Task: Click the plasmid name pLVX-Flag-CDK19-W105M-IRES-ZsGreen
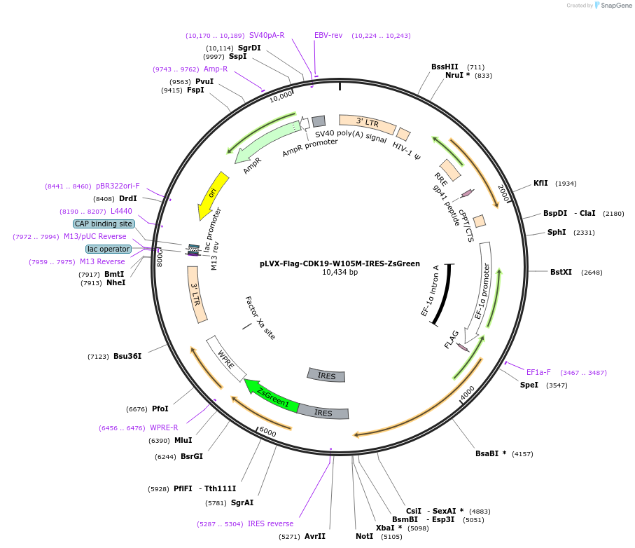click(x=340, y=264)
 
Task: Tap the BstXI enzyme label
click(x=561, y=272)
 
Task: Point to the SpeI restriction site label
click(x=529, y=385)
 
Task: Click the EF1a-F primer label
click(x=538, y=372)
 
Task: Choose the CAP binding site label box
click(x=104, y=224)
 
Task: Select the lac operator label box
click(x=109, y=249)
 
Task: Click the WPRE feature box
click(x=226, y=357)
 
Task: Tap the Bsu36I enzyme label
click(x=127, y=356)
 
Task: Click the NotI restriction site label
click(x=365, y=536)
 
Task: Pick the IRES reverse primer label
click(x=271, y=523)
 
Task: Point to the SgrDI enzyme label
click(x=249, y=48)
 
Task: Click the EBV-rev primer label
click(x=328, y=35)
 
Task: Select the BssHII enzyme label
click(x=445, y=67)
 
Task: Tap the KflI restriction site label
click(x=540, y=183)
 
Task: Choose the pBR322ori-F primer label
click(x=118, y=186)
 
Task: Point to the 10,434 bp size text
click(x=340, y=273)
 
